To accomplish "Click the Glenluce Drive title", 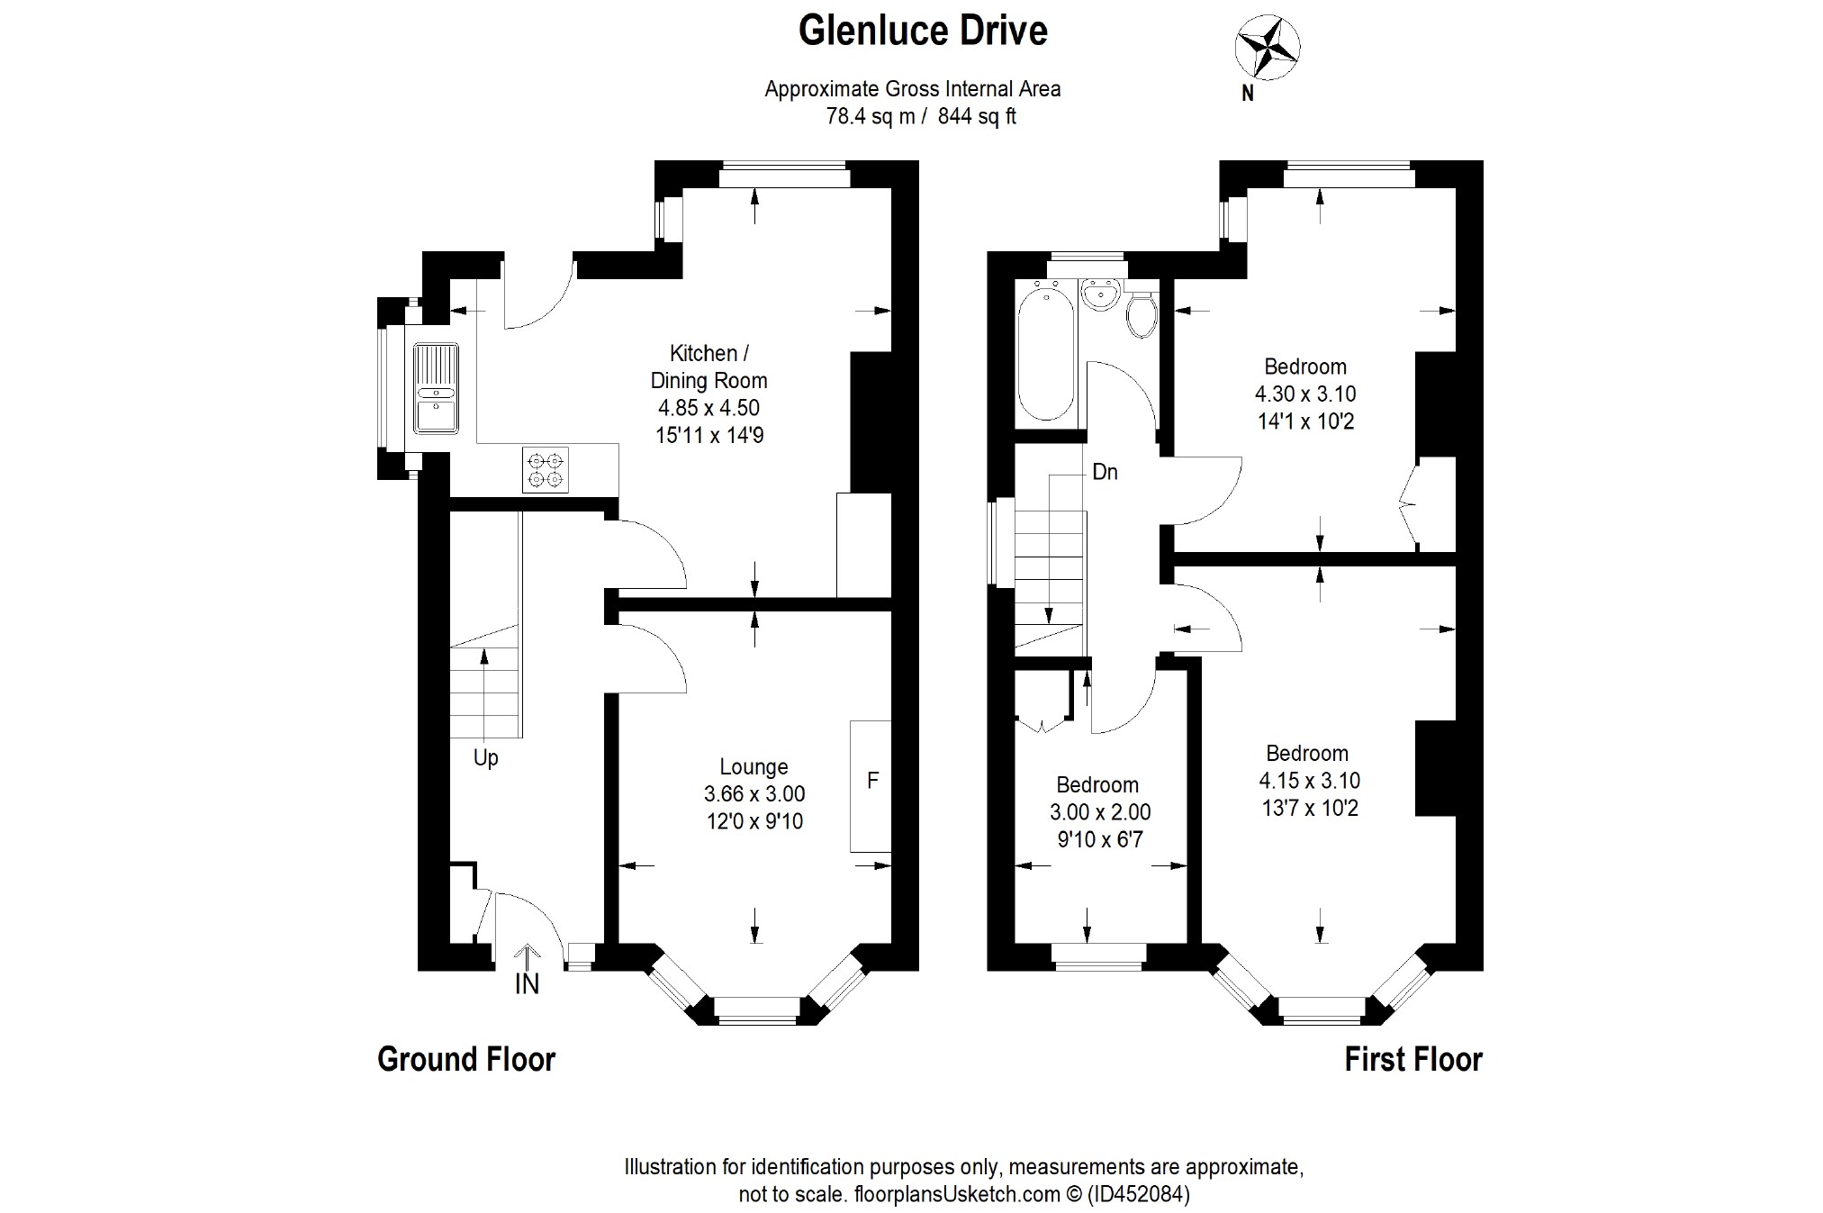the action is pyautogui.click(x=923, y=31).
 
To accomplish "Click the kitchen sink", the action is pyautogui.click(x=437, y=389).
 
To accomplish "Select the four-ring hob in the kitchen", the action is pyautogui.click(x=546, y=469).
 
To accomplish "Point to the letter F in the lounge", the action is pyautogui.click(x=872, y=781).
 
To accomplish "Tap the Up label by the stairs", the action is pyautogui.click(x=486, y=758).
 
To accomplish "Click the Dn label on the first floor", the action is pyautogui.click(x=1105, y=472).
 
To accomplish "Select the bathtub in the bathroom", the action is pyautogui.click(x=1044, y=350).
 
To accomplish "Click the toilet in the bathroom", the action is pyautogui.click(x=1141, y=313).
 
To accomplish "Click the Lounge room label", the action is pyautogui.click(x=754, y=767).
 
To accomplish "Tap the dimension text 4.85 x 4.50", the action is pyautogui.click(x=708, y=408).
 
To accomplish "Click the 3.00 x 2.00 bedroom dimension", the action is pyautogui.click(x=1100, y=812).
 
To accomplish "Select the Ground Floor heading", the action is pyautogui.click(x=466, y=1059).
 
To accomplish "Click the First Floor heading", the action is pyautogui.click(x=1413, y=1060).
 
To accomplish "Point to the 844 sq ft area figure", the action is pyautogui.click(x=977, y=117).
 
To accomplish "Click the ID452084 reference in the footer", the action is pyautogui.click(x=1139, y=1195).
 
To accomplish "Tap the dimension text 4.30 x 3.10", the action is pyautogui.click(x=1305, y=394).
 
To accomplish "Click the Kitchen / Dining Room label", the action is pyautogui.click(x=709, y=367).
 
